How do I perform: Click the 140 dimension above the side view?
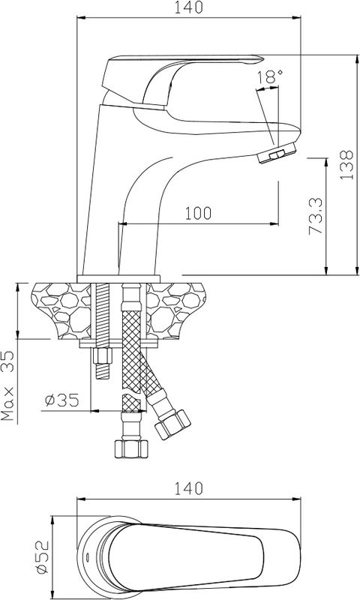(x=188, y=7)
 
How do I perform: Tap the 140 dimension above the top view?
(x=188, y=489)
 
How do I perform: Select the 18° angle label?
(x=270, y=76)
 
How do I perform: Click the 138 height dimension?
(x=346, y=165)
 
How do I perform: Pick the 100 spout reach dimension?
(x=198, y=214)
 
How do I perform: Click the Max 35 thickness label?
(x=7, y=385)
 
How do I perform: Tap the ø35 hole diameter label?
(x=62, y=400)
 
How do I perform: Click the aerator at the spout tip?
(x=277, y=153)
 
